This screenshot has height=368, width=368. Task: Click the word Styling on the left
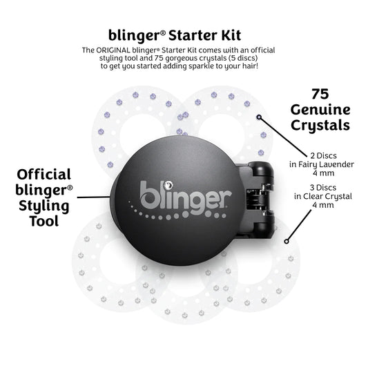point(43,206)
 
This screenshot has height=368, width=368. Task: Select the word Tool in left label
point(43,222)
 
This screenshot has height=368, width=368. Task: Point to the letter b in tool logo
point(148,193)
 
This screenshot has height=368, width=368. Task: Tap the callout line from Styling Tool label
point(94,195)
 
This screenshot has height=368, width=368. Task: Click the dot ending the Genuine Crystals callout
point(260,117)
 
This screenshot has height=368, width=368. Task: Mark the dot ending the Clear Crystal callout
point(288,240)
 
